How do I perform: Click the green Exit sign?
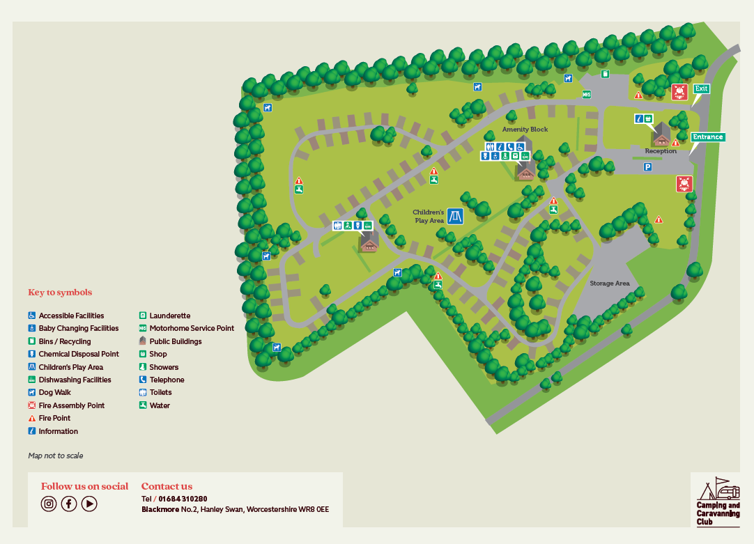pos(700,89)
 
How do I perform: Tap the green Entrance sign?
pos(707,137)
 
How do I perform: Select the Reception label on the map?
pos(660,151)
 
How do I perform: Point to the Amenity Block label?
pos(525,130)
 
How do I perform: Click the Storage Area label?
pos(609,283)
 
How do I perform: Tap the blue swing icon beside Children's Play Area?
pos(456,216)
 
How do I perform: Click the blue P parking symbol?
pos(647,167)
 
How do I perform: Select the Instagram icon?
pos(49,504)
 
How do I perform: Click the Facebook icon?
pos(69,504)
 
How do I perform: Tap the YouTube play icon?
pos(89,504)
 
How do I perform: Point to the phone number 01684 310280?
pos(183,499)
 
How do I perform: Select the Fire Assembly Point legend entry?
pos(71,405)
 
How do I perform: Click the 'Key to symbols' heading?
pos(60,293)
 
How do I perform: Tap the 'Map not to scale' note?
pos(56,456)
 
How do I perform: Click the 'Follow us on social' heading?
pos(84,486)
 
